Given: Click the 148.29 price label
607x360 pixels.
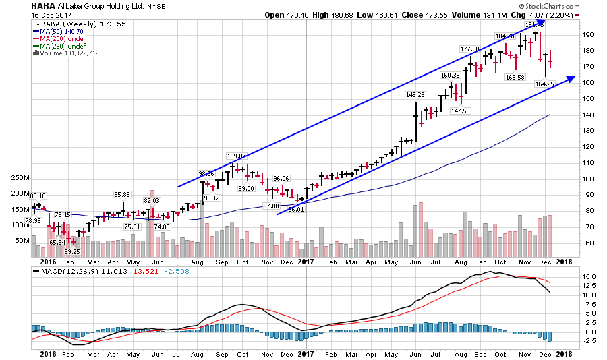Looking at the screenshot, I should (416, 95).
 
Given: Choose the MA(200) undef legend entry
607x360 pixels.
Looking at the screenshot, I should (60, 38).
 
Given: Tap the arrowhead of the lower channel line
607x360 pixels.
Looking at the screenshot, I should (571, 79).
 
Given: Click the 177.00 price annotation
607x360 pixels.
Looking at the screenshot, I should (469, 49).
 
